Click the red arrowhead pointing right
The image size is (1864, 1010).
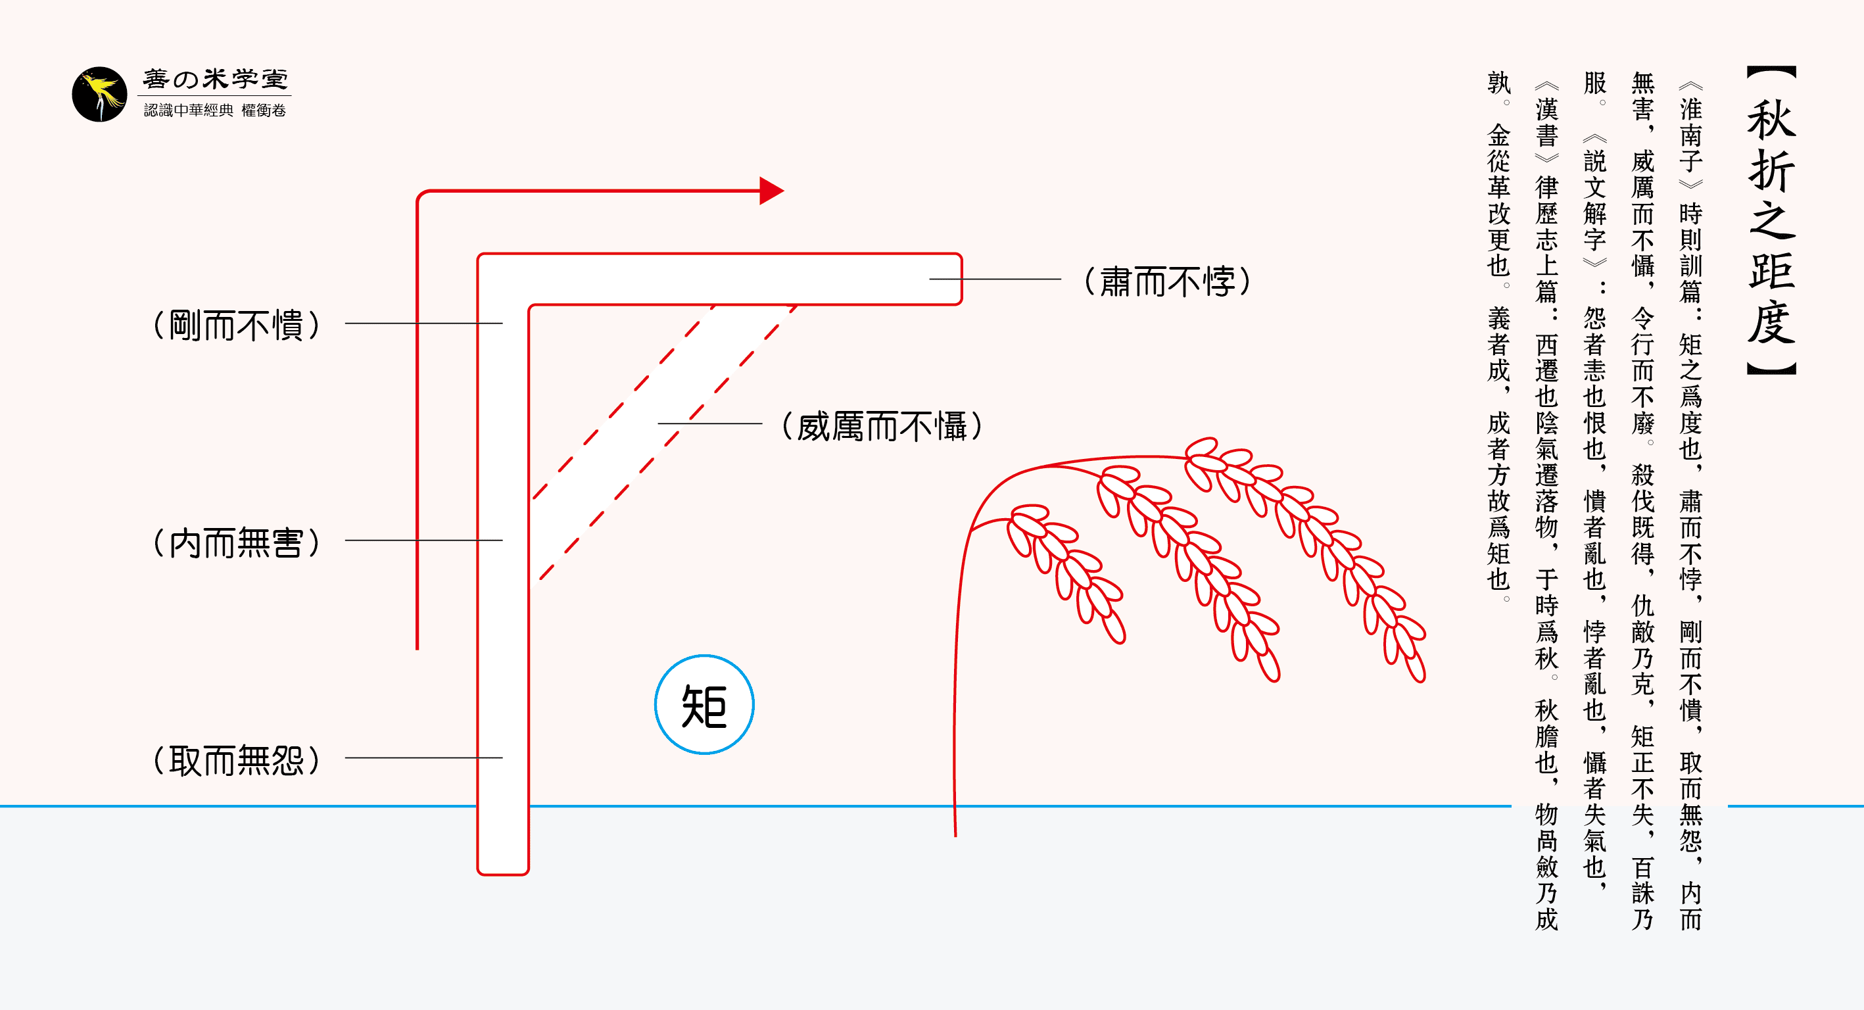pyautogui.click(x=771, y=191)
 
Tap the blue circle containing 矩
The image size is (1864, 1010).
pyautogui.click(x=704, y=705)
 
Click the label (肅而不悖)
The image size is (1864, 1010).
pyautogui.click(x=1167, y=281)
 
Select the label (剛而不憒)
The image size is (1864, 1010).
pyautogui.click(x=237, y=325)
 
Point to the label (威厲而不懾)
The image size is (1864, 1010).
pyautogui.click(x=882, y=426)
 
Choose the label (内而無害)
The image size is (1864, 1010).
pyautogui.click(x=237, y=542)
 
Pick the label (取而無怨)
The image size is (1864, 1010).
pyautogui.click(x=237, y=760)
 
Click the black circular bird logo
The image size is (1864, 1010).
pyautogui.click(x=100, y=94)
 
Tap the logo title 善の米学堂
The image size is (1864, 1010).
pyautogui.click(x=215, y=79)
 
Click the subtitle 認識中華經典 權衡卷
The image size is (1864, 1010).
pyautogui.click(x=215, y=110)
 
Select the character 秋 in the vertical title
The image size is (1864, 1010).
pyautogui.click(x=1771, y=120)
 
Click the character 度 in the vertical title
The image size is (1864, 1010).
pyautogui.click(x=1771, y=323)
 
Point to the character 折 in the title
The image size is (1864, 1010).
pyautogui.click(x=1771, y=171)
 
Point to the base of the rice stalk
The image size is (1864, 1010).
pyautogui.click(x=955, y=832)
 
